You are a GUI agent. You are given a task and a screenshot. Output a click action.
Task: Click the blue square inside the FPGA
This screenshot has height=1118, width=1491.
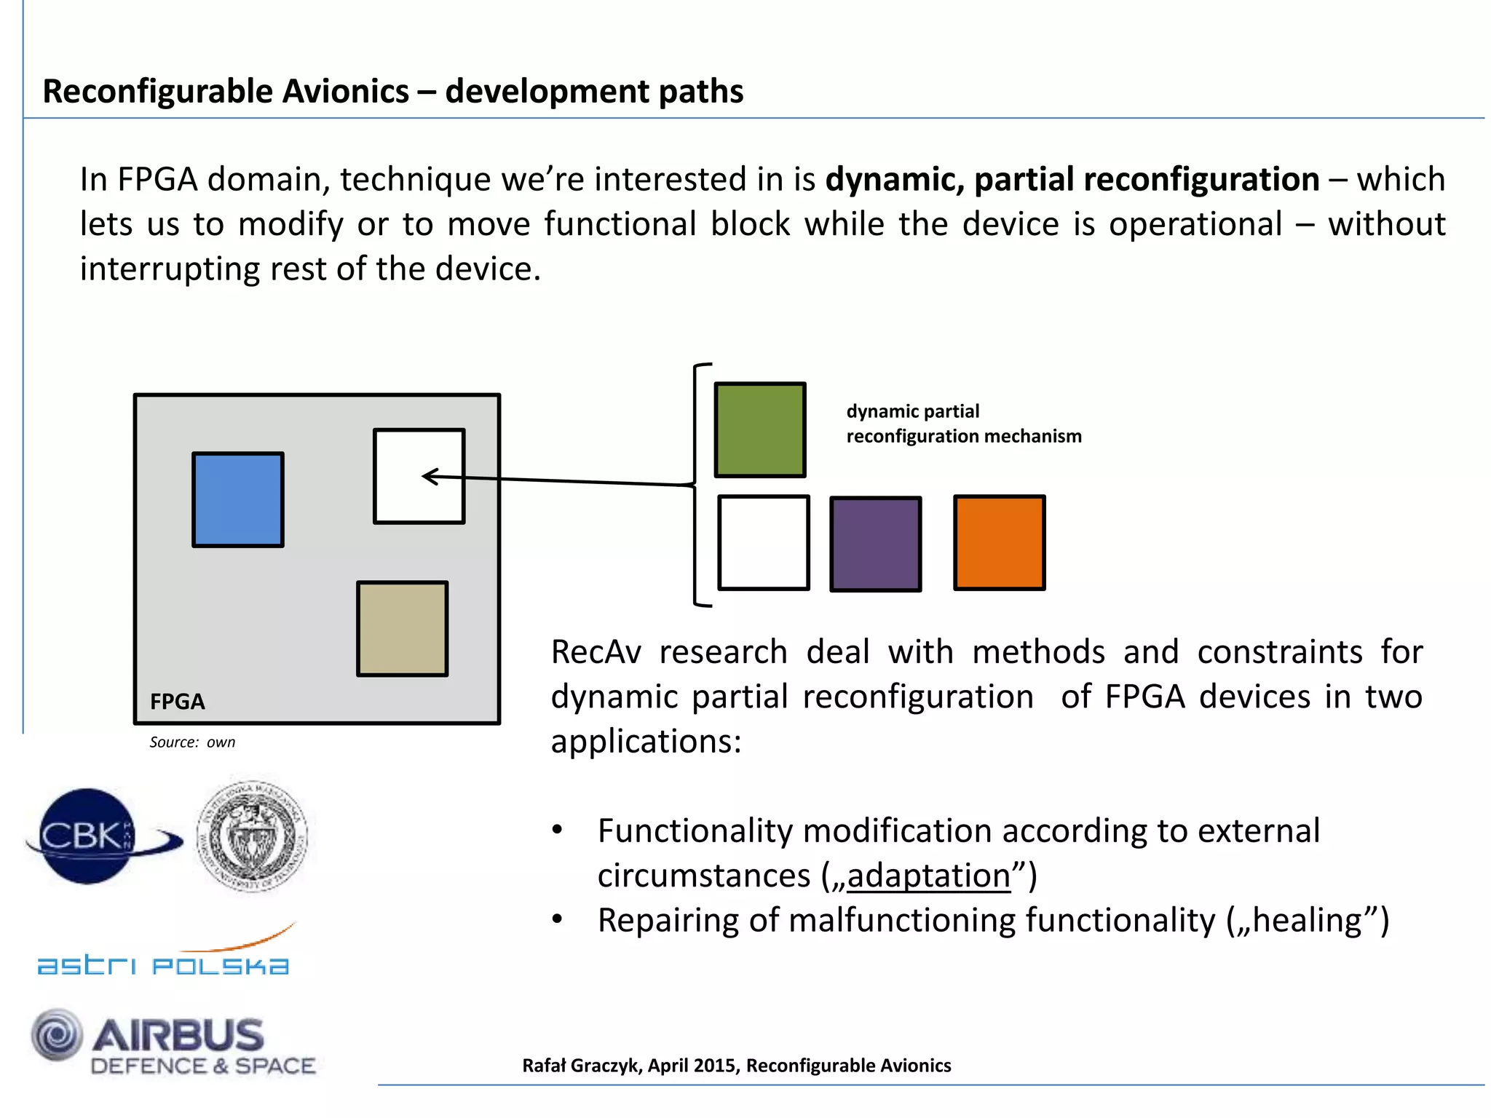[238, 499]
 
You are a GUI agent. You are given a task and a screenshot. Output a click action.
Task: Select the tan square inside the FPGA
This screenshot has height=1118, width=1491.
[402, 629]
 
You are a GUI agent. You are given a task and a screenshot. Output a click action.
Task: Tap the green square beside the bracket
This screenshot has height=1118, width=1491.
[760, 429]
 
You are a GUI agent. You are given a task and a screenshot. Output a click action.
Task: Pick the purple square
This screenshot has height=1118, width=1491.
[876, 544]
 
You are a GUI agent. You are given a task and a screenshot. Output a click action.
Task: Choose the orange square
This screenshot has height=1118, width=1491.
[999, 542]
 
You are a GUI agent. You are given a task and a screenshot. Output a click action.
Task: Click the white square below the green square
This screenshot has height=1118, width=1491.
[763, 542]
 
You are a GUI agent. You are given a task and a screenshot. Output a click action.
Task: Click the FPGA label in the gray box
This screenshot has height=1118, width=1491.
[178, 702]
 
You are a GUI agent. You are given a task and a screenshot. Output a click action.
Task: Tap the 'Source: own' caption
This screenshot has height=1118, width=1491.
[192, 742]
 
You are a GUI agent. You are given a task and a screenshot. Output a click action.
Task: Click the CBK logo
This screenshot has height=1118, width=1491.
[95, 836]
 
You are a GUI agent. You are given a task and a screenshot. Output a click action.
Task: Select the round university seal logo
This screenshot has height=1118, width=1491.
[252, 836]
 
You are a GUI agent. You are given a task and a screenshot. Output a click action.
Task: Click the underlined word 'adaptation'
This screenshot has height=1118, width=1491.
[929, 875]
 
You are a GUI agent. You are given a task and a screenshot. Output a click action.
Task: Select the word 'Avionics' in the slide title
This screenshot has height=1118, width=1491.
[345, 92]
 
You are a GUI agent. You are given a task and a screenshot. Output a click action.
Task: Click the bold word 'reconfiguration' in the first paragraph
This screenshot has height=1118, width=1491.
[1147, 179]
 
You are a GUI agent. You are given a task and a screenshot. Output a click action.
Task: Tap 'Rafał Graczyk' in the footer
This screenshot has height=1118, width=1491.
[581, 1066]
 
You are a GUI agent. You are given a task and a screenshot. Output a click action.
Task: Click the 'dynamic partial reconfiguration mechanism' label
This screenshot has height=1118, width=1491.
[963, 424]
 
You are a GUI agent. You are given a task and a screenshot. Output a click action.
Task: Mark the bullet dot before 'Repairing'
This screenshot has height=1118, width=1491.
[558, 919]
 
